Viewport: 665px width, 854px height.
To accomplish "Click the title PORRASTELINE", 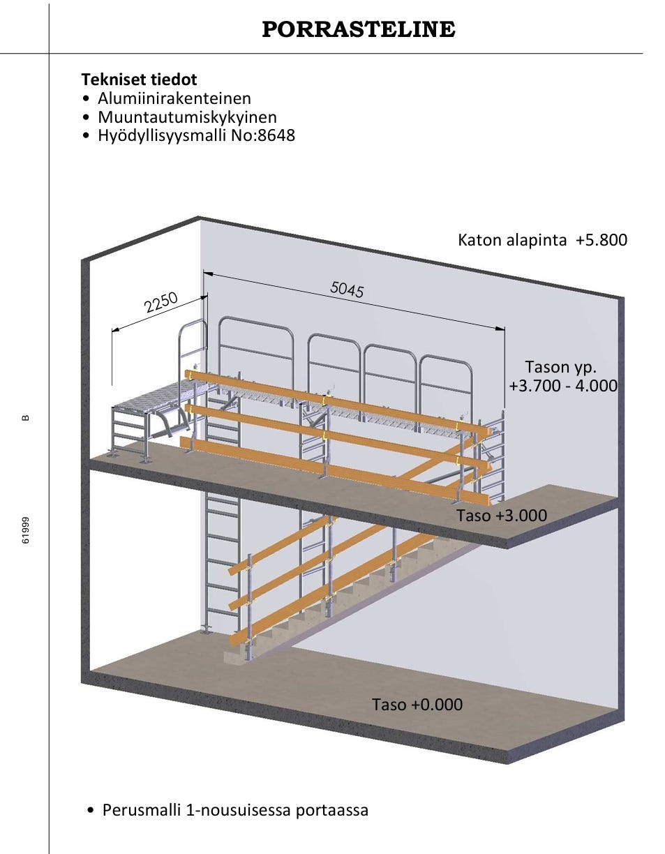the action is point(359,29).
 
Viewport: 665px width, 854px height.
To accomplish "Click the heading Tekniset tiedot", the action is point(139,80).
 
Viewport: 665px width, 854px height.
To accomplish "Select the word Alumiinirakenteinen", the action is point(174,98).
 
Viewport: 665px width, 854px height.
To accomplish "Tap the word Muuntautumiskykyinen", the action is point(188,117).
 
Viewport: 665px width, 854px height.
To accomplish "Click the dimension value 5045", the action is point(347,290).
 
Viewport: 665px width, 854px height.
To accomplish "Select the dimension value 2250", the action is point(160,303).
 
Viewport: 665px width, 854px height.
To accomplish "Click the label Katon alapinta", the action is point(512,240).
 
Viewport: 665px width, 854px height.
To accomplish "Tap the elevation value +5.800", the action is point(602,240).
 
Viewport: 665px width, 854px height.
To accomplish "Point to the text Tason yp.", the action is point(560,367).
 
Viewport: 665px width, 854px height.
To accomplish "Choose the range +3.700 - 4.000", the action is point(563,386).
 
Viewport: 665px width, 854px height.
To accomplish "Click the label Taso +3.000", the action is point(502,515).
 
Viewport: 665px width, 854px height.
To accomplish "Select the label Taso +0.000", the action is point(417,705).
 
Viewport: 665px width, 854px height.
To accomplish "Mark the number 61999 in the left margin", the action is point(26,530).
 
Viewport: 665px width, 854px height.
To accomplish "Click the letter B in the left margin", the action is point(26,418).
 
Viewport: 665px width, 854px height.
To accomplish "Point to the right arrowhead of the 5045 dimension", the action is point(500,328).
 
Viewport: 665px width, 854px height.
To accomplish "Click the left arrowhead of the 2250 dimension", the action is point(117,330).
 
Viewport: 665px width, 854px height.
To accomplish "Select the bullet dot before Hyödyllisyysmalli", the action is point(87,136).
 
